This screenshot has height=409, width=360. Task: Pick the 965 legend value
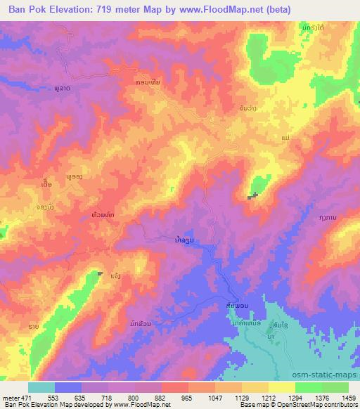tap(186, 397)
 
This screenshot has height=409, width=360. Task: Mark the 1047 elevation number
tap(214, 397)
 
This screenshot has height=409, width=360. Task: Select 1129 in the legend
tap(241, 397)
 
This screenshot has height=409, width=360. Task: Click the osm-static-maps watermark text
tap(329, 373)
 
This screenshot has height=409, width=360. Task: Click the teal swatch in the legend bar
tap(41, 387)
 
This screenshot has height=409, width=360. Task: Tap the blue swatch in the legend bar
tap(68, 387)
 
